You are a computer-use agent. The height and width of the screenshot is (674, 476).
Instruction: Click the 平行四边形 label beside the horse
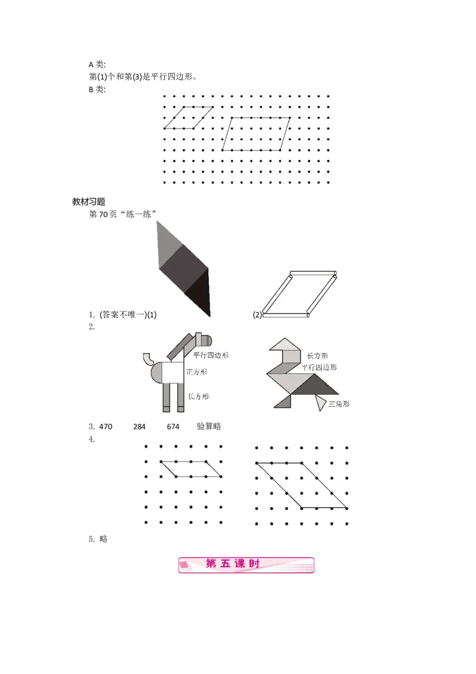point(211,355)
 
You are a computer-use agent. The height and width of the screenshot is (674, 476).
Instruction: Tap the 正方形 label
point(197,371)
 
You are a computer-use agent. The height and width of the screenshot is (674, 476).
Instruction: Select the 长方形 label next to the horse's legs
point(198,396)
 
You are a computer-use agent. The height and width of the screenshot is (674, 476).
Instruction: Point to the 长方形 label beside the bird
point(317,355)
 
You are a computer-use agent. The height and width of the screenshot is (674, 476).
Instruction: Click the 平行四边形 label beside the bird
point(319,367)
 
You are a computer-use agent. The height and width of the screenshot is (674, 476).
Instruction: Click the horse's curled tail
point(148,359)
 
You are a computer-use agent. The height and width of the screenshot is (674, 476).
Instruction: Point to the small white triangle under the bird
point(321,403)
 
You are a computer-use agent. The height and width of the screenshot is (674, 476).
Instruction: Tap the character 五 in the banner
point(226,564)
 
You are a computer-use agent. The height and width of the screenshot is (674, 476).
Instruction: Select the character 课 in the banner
point(240,564)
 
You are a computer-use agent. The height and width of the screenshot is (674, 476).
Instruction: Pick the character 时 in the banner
point(255,564)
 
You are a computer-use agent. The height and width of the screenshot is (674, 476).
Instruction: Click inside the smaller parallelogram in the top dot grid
point(188,117)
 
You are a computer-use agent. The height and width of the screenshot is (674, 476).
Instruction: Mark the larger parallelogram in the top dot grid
point(256,134)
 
